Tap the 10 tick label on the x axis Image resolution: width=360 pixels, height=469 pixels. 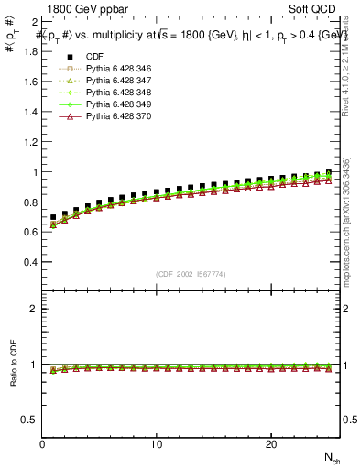pos(157,444)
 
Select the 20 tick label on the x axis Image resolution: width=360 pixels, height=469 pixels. pos(270,444)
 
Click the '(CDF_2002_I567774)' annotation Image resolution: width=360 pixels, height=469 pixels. pos(191,275)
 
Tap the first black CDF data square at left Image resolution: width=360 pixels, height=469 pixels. pos(53,217)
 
